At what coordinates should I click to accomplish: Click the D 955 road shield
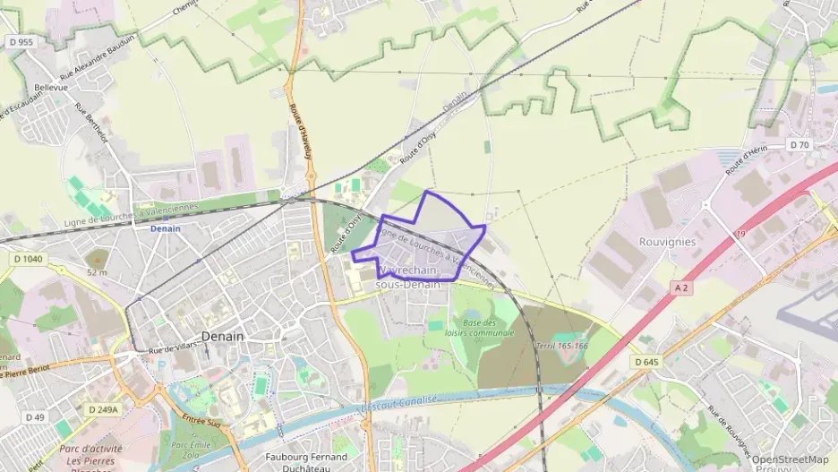pyautogui.click(x=21, y=41)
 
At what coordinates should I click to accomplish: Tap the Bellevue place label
pyautogui.click(x=51, y=88)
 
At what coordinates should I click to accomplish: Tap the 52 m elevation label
pyautogui.click(x=96, y=272)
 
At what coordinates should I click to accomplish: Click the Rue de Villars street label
pyautogui.click(x=173, y=349)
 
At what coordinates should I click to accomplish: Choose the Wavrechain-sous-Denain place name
pyautogui.click(x=408, y=277)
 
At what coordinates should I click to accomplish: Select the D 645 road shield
pyautogui.click(x=646, y=362)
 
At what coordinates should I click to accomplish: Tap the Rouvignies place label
pyautogui.click(x=642, y=242)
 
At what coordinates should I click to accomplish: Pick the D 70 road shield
pyautogui.click(x=799, y=144)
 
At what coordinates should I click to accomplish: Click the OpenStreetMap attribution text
pyautogui.click(x=790, y=459)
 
